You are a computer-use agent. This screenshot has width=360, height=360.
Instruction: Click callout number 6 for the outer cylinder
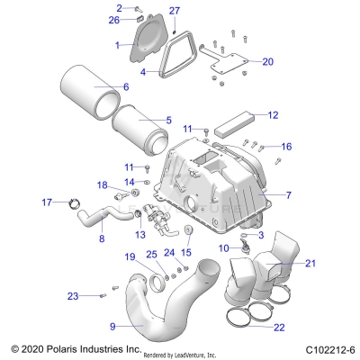coord(125,86)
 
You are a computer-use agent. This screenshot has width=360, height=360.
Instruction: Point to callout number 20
coord(267,62)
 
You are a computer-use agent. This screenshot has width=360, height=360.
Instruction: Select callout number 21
coord(285,263)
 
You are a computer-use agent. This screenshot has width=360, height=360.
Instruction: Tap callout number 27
coord(175,10)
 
